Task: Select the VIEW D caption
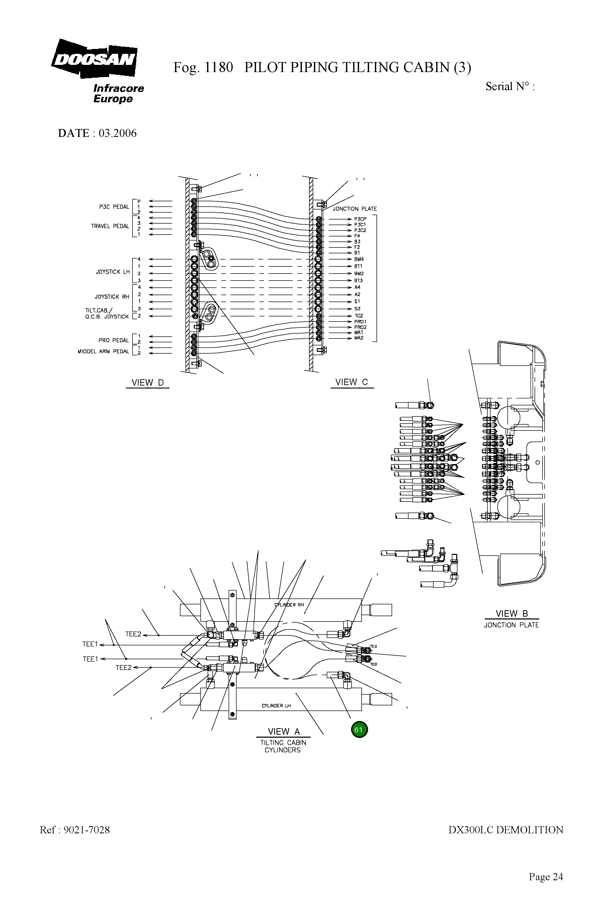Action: pyautogui.click(x=147, y=383)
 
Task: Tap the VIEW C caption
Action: pyautogui.click(x=351, y=382)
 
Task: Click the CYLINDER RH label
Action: pyautogui.click(x=289, y=605)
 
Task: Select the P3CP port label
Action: pyautogui.click(x=360, y=219)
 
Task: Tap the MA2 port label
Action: pyautogui.click(x=359, y=338)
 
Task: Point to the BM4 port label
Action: pyautogui.click(x=359, y=259)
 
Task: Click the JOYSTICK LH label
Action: pyautogui.click(x=113, y=272)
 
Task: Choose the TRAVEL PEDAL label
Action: pyautogui.click(x=110, y=226)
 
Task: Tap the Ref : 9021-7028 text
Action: pyautogui.click(x=75, y=830)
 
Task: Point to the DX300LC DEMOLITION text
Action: pyautogui.click(x=506, y=830)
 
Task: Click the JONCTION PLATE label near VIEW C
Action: pyautogui.click(x=354, y=209)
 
